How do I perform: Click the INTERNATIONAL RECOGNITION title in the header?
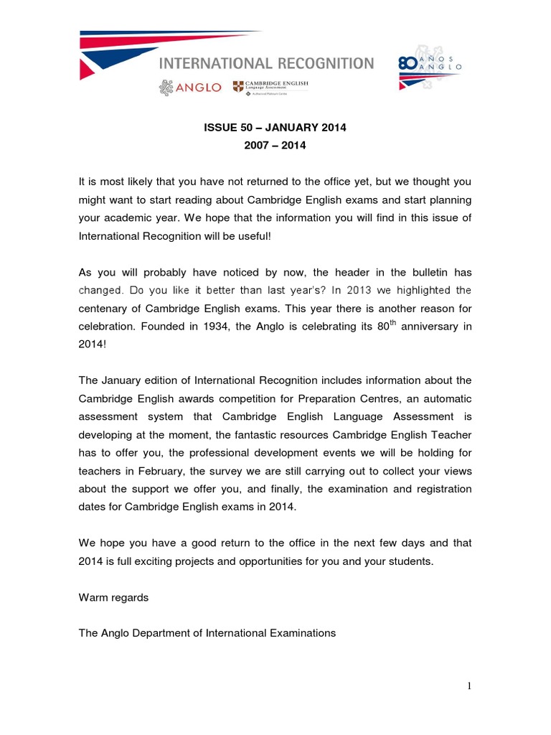(x=266, y=63)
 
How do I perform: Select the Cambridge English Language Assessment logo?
(x=270, y=88)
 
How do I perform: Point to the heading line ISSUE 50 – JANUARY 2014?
(x=275, y=128)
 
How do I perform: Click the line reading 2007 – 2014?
(x=275, y=146)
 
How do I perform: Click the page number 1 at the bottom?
(x=468, y=687)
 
